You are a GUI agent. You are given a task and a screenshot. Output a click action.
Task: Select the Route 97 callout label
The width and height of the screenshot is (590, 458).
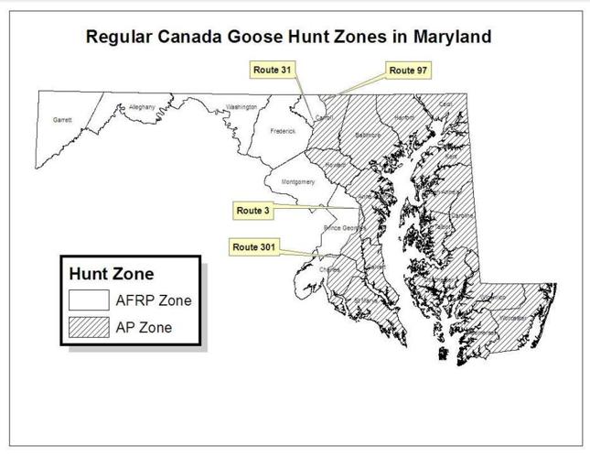[408, 70]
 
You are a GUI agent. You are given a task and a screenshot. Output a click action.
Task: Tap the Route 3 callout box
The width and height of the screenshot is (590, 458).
[253, 211]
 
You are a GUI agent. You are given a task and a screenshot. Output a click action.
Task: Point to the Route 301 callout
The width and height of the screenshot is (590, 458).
[256, 247]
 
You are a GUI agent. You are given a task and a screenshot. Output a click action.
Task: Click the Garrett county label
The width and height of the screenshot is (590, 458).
[62, 120]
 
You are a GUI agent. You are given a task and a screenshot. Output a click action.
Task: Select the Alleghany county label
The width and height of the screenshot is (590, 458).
[142, 107]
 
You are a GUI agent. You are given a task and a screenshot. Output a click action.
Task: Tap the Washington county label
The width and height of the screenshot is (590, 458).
[241, 107]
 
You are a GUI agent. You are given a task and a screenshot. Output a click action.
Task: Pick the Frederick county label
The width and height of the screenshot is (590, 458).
[283, 131]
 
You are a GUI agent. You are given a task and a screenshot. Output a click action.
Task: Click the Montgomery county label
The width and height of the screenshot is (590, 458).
[298, 181]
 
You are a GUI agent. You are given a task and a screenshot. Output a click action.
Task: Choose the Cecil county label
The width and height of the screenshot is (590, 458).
[445, 104]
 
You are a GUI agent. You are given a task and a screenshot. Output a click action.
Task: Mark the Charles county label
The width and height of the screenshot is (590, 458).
[329, 269]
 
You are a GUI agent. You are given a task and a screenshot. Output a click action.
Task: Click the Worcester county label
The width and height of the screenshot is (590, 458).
[513, 318]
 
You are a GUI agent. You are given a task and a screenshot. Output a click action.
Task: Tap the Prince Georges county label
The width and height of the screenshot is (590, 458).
[344, 227]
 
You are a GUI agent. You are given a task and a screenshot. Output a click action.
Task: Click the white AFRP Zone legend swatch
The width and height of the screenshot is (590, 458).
[89, 299]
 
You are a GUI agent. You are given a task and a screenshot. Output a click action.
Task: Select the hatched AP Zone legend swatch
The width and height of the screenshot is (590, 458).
[89, 326]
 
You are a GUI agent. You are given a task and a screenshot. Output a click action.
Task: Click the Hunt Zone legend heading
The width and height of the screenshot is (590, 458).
[112, 273]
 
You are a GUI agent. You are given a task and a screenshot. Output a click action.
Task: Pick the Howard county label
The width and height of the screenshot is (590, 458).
[335, 164]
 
